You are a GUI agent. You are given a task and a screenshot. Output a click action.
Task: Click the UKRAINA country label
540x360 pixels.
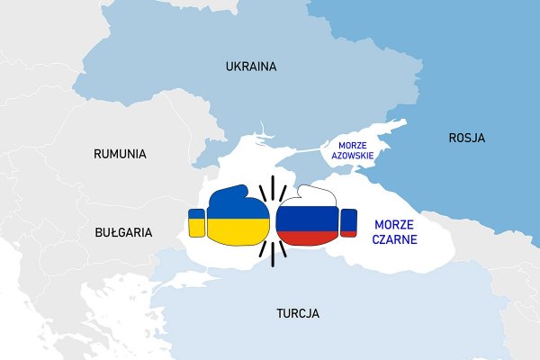click(x=251, y=67)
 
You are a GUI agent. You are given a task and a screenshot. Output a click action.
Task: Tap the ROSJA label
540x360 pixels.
click(x=467, y=138)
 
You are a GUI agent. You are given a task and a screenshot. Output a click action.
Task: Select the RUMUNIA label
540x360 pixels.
click(x=120, y=154)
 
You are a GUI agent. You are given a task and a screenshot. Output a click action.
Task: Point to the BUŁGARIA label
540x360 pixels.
click(x=123, y=232)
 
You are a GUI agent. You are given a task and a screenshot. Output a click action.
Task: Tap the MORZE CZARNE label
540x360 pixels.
click(x=395, y=231)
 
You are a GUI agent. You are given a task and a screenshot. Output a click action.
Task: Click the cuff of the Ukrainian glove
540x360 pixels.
click(x=196, y=222)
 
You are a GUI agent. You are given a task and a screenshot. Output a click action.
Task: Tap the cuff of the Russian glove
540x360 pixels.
click(x=348, y=223)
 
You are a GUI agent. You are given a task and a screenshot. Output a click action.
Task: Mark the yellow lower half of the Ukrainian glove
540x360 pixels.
click(x=238, y=231)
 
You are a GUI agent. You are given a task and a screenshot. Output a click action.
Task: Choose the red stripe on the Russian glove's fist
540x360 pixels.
click(x=307, y=238)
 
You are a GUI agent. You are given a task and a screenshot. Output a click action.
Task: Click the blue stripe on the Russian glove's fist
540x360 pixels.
click(x=307, y=224)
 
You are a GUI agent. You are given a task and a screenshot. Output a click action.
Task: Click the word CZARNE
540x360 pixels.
click(x=395, y=239)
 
